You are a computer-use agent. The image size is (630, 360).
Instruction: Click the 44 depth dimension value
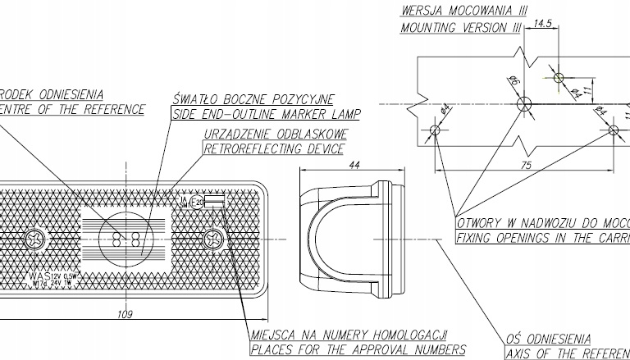tap(355, 165)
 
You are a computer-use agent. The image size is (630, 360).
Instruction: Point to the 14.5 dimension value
tap(541, 24)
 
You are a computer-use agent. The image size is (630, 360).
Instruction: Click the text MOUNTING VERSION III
tap(461, 28)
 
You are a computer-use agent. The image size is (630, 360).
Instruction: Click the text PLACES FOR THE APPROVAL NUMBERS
tap(356, 350)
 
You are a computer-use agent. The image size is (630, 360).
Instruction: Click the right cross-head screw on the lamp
tap(215, 240)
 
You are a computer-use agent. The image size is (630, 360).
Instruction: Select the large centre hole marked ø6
tap(525, 103)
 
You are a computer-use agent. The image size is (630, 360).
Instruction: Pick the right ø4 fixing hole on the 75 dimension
tap(614, 130)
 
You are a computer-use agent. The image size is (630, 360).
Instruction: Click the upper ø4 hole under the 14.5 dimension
tap(559, 78)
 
